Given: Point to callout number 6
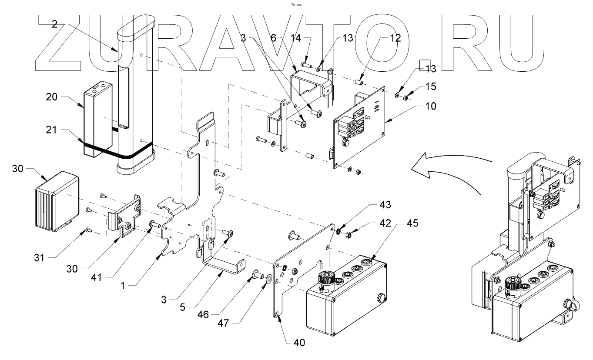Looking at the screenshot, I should coord(273,38).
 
